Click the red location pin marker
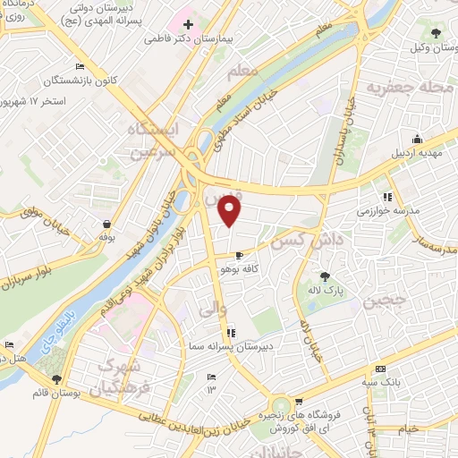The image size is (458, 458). [x=231, y=211]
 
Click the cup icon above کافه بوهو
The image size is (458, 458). [x=238, y=255]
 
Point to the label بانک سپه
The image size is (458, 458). [x=381, y=383]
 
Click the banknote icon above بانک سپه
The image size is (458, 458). [x=381, y=369]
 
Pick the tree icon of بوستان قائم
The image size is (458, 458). [x=56, y=381]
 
